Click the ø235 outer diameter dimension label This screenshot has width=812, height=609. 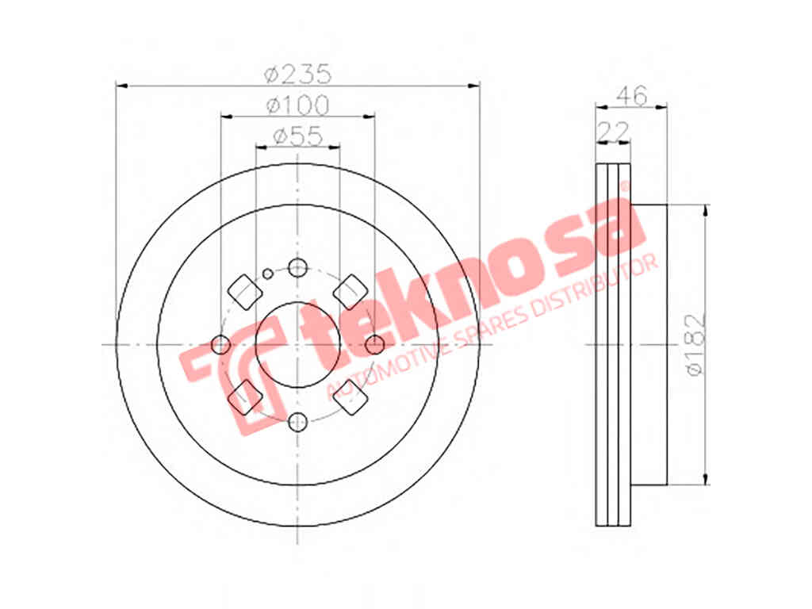[x=297, y=74]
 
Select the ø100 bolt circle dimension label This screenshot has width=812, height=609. [x=297, y=105]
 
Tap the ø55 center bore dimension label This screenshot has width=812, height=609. [x=298, y=136]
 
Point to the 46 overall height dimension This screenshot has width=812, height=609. [x=632, y=96]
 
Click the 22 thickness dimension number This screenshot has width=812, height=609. [x=614, y=131]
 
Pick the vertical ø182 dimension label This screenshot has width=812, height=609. [x=695, y=343]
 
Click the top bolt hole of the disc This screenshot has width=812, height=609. [x=298, y=268]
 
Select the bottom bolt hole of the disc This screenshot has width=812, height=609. [x=298, y=422]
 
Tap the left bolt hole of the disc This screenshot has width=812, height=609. [x=221, y=344]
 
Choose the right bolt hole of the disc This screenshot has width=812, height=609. [x=374, y=344]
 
